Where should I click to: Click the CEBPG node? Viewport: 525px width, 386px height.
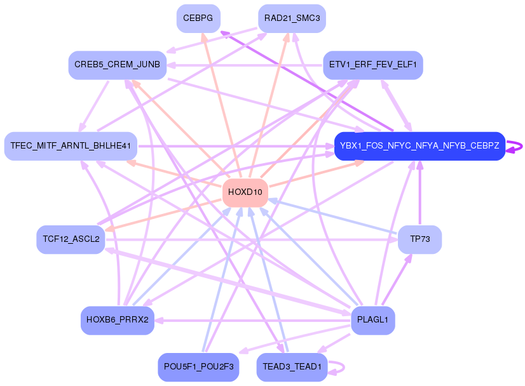[198, 18]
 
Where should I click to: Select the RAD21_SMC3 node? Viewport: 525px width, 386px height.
[292, 18]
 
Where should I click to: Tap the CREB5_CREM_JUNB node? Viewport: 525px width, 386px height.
[118, 65]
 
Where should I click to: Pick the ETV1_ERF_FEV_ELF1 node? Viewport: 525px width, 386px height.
[372, 65]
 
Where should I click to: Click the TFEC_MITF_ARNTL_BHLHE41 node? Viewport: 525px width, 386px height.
[70, 146]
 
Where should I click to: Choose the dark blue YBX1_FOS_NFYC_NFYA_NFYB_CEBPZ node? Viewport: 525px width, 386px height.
[419, 146]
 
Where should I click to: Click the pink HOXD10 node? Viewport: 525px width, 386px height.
[245, 192]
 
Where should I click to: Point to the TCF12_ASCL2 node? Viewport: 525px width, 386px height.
[70, 239]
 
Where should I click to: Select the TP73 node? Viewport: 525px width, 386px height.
[419, 239]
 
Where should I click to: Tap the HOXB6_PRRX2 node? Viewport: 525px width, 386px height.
[117, 320]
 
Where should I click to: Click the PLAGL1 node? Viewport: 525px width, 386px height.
[372, 320]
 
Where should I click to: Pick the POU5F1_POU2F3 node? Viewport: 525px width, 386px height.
[198, 367]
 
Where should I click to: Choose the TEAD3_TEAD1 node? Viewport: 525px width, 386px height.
[292, 367]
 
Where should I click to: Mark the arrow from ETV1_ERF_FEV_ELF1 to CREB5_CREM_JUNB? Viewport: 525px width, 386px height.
[248, 65]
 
